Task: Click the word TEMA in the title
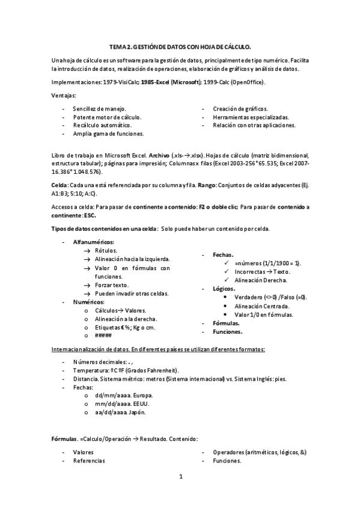(x=117, y=46)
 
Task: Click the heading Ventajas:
(x=64, y=95)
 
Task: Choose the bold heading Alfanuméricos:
(x=93, y=241)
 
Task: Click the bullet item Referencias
(x=89, y=461)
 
